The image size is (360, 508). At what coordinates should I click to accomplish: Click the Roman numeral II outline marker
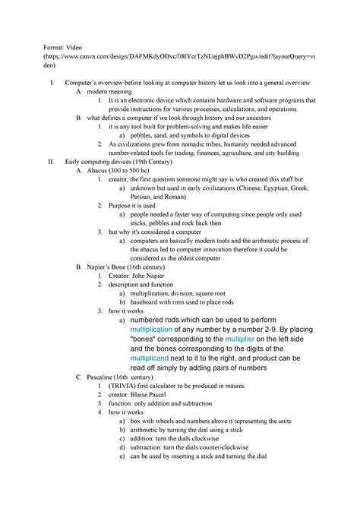coord(50,162)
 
